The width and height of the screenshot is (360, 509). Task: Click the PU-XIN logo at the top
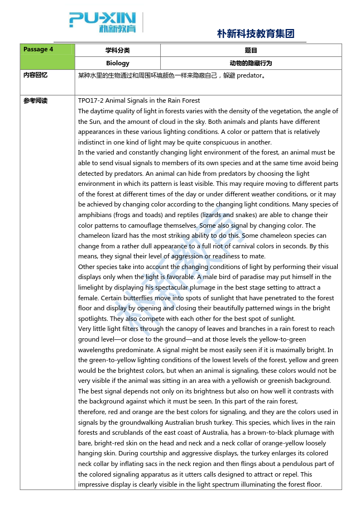point(103,22)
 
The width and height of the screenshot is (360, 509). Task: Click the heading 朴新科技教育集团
point(255,33)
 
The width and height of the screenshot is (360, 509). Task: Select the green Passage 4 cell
point(47,56)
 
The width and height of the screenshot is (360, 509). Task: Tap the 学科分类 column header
point(117,50)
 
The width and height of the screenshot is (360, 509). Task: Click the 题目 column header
point(251,50)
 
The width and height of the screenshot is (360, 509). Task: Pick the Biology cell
point(117,63)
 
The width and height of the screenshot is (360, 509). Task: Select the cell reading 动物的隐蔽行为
point(251,63)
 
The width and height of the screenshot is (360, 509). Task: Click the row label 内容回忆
point(35,75)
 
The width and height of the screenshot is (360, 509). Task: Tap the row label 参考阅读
point(35,101)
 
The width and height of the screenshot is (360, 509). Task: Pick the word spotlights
point(93,319)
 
